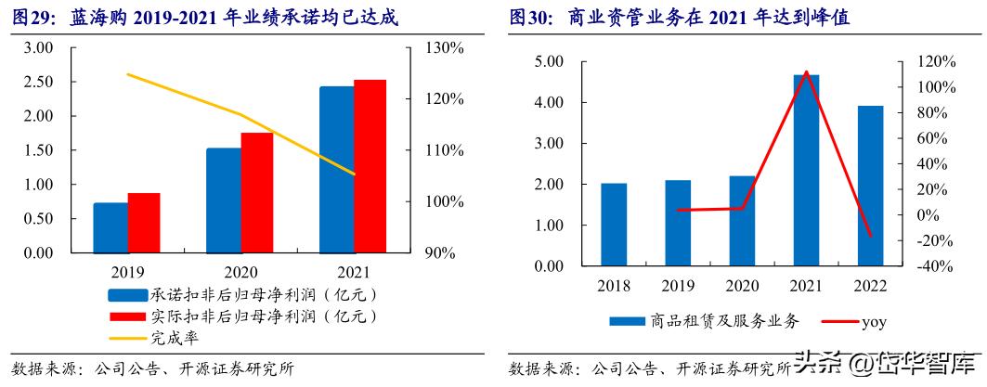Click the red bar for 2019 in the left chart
coord(144,223)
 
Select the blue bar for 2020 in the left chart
coord(223,200)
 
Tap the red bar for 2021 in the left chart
coord(370,166)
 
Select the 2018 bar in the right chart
coord(614,225)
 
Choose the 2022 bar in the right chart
coord(870,186)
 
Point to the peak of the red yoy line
coord(806,71)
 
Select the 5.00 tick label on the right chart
coord(548,61)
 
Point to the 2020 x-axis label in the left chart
coord(240,272)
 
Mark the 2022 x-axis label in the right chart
coord(870,286)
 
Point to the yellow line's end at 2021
coord(354,174)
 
